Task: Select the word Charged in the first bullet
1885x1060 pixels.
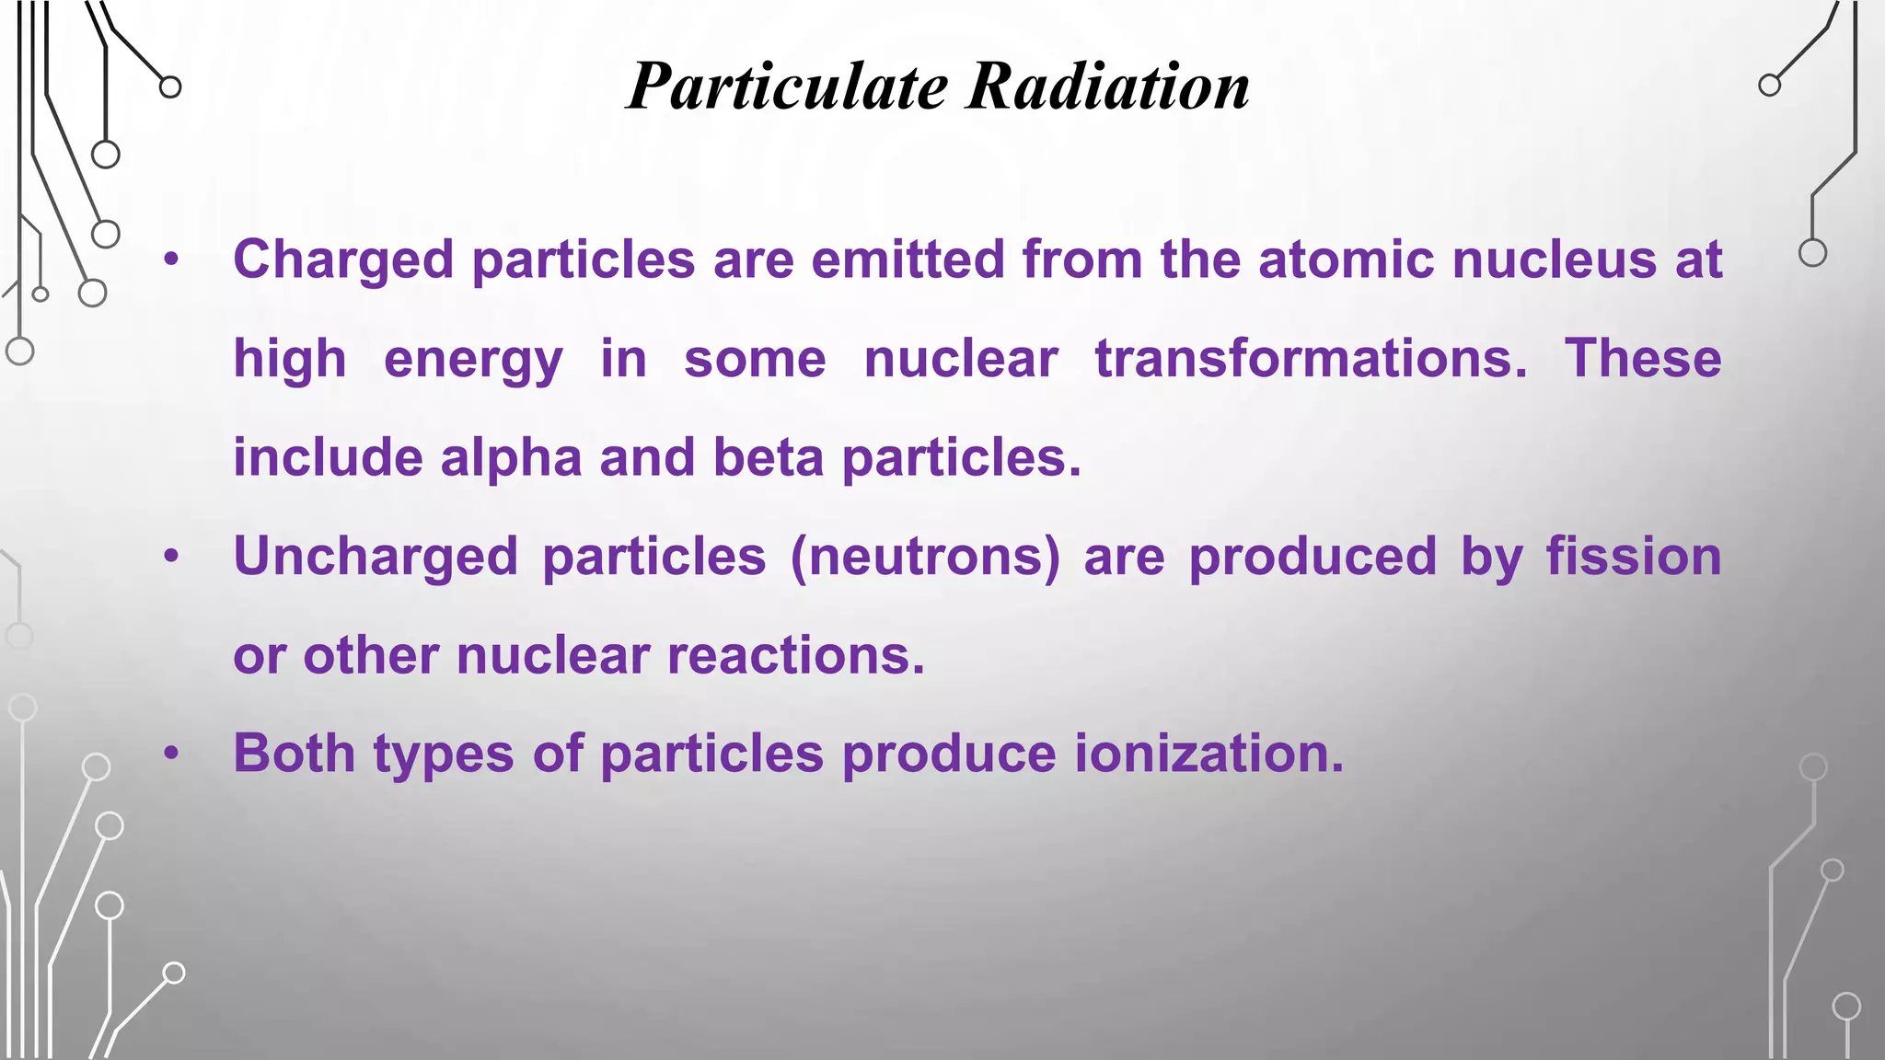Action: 343,260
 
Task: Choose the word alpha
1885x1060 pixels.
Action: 511,458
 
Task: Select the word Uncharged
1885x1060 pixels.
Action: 376,558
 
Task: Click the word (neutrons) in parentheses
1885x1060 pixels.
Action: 925,558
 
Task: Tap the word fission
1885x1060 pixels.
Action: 1633,557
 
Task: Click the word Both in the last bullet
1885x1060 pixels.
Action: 294,754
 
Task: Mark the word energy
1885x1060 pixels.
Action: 473,360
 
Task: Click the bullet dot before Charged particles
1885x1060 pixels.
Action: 171,260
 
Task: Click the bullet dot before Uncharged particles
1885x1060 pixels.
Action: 171,558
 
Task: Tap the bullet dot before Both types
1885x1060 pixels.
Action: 171,755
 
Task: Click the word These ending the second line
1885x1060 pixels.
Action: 1643,358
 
